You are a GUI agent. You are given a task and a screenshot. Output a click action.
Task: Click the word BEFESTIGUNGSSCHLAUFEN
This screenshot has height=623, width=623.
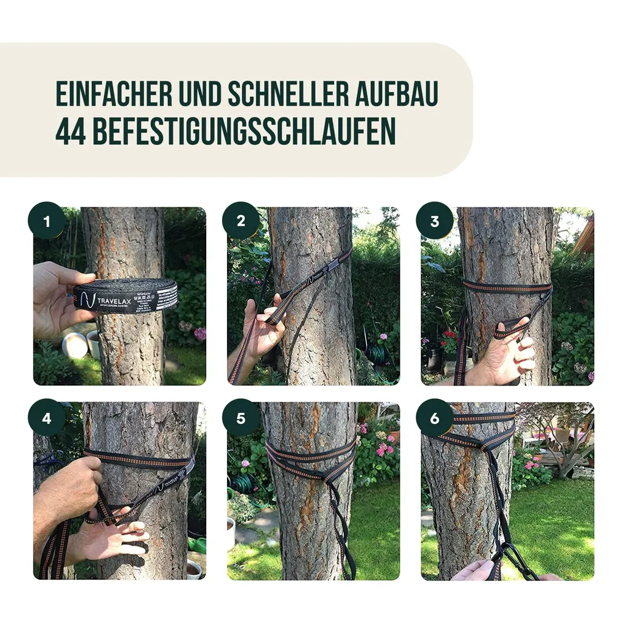(x=244, y=131)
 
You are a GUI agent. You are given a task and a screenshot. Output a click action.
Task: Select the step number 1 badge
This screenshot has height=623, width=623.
(x=47, y=220)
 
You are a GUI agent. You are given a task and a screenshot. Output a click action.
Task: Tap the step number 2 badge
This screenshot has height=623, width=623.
(x=241, y=220)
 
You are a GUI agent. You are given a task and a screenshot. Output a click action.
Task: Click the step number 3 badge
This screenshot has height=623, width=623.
(x=434, y=220)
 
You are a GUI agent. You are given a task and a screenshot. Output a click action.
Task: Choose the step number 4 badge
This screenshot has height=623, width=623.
(x=47, y=418)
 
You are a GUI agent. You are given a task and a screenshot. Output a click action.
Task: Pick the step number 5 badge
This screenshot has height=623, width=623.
(x=241, y=418)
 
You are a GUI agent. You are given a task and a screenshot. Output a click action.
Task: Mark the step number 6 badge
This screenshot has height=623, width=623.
(x=434, y=418)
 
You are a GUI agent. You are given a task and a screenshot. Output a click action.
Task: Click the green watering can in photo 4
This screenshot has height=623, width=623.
(x=197, y=544)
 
